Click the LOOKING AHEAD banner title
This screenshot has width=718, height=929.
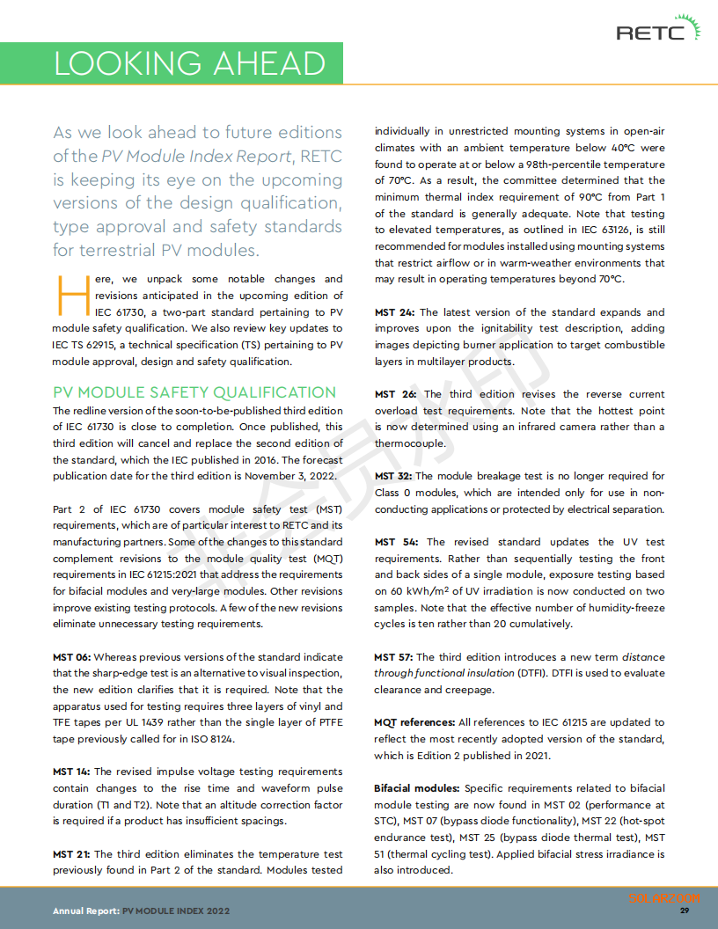click(189, 63)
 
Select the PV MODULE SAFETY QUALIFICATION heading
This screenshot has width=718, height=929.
click(194, 392)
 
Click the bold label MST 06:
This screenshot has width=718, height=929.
click(71, 656)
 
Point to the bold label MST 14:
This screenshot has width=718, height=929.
click(71, 772)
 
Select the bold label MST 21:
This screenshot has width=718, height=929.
click(71, 853)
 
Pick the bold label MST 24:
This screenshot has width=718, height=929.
click(394, 312)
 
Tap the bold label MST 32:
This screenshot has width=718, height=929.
click(394, 476)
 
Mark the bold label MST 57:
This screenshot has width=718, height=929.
click(393, 657)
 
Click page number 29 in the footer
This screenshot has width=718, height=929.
click(685, 911)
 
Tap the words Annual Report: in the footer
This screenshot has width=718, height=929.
click(85, 911)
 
